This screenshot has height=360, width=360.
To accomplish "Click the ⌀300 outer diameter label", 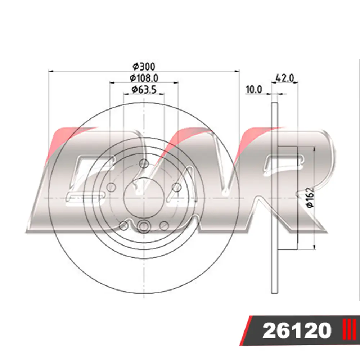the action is click(144, 67).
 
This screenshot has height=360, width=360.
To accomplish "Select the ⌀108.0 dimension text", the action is click(144, 78).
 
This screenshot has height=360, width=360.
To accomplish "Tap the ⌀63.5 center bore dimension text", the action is click(144, 90).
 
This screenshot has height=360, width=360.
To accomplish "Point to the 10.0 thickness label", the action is click(254, 89).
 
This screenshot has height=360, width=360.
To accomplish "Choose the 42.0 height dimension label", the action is click(285, 78).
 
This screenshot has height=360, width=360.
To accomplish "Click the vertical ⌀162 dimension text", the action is click(310, 197).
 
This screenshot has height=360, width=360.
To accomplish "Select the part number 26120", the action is click(297, 330).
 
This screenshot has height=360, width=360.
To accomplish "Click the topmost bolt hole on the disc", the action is click(144, 164).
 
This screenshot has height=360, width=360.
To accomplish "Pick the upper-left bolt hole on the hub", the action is click(111, 187).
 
